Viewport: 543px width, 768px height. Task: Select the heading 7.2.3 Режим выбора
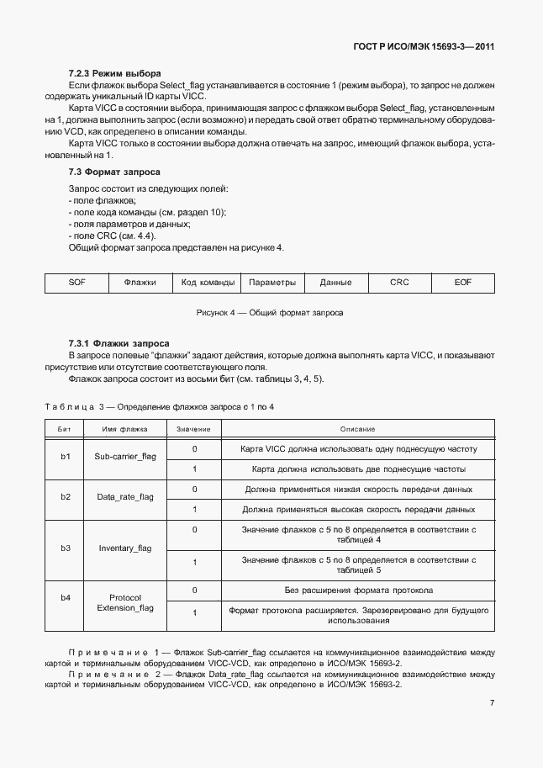coord(114,74)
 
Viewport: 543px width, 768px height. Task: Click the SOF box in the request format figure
coord(77,283)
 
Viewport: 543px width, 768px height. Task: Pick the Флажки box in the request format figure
coord(140,283)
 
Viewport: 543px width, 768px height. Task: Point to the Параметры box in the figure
coord(272,283)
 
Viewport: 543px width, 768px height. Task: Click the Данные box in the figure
coord(336,283)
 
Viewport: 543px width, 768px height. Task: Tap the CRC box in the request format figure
coord(399,283)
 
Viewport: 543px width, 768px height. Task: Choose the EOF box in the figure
coord(463,283)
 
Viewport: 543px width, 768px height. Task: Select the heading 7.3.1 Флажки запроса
coord(119,343)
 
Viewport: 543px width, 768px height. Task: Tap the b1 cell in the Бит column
coord(66,457)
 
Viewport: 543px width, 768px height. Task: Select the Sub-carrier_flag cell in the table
coord(125,457)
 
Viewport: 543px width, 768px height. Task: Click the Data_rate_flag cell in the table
coord(125,497)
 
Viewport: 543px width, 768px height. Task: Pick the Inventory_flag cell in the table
coord(125,548)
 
